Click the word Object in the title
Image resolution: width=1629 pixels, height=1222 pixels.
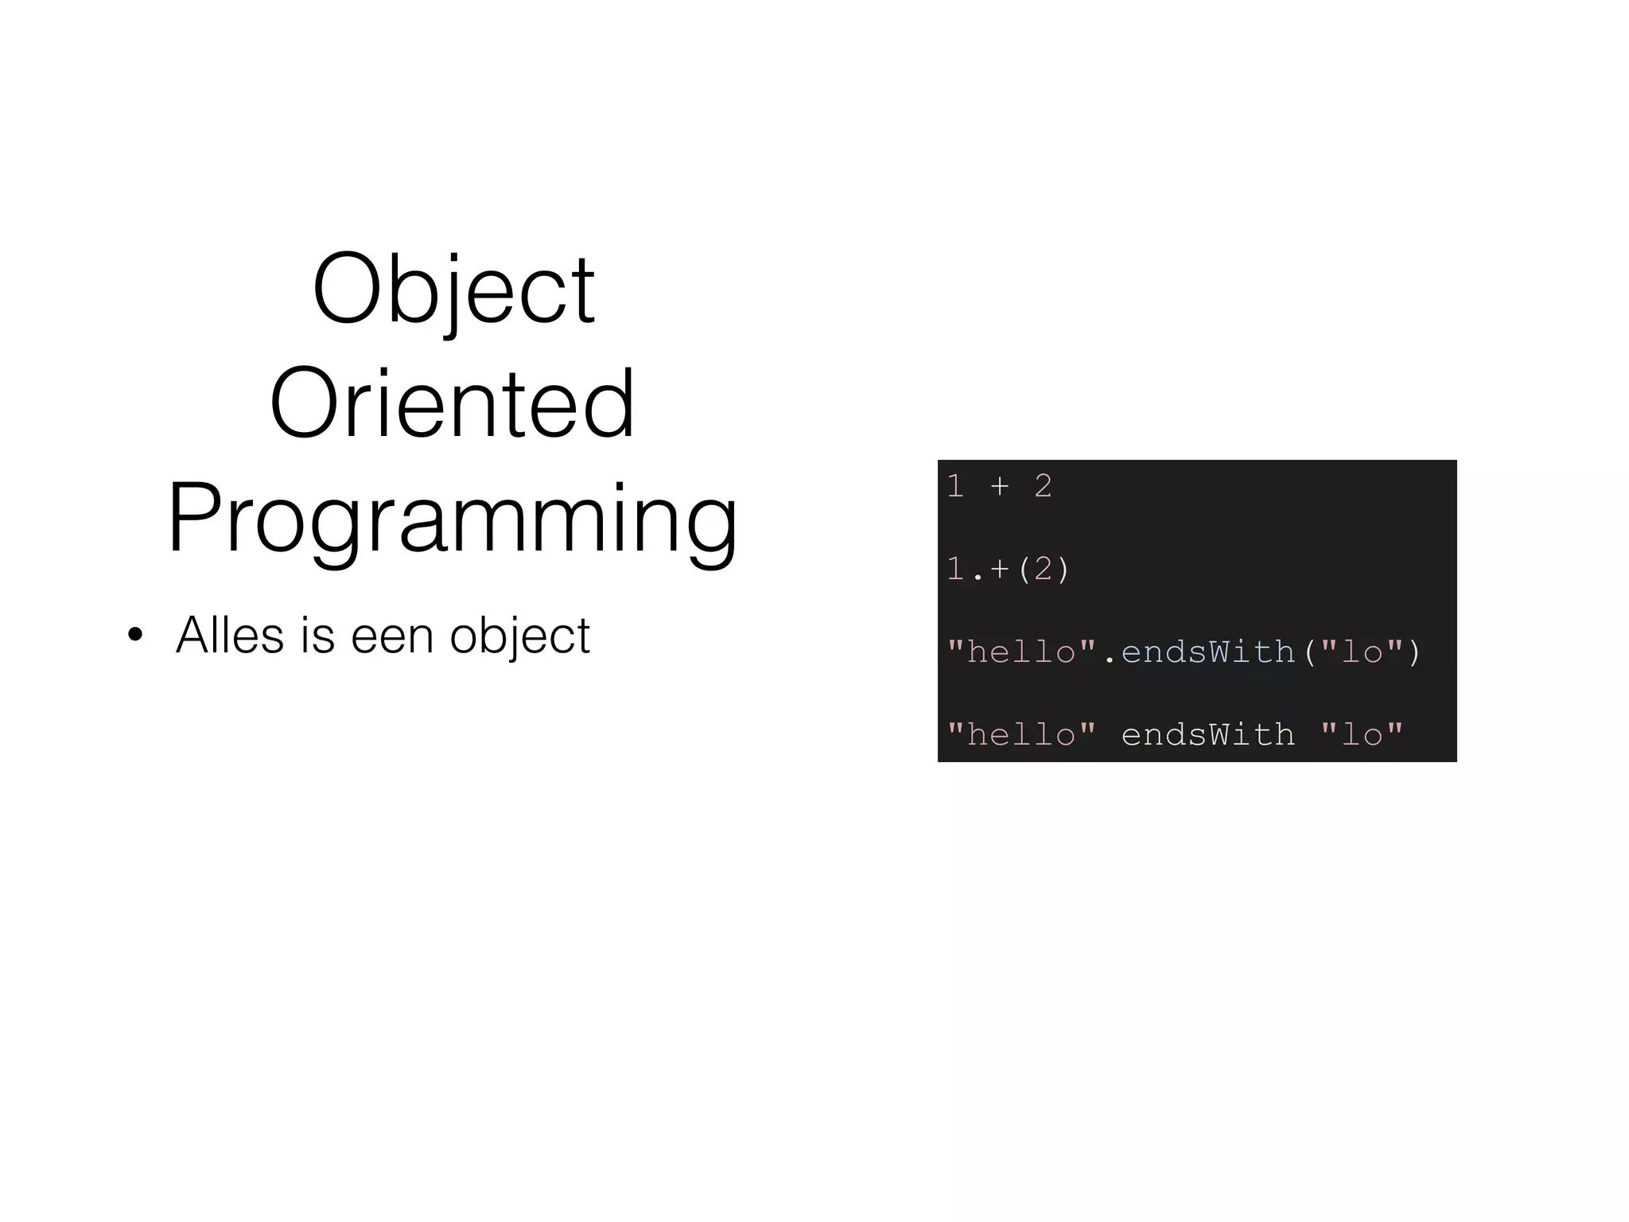click(453, 290)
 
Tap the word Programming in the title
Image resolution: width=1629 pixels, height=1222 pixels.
click(453, 519)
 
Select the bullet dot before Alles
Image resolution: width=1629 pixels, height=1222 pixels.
click(135, 636)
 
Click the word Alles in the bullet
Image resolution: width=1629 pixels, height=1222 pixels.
click(230, 635)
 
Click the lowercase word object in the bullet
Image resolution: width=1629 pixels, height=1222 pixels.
click(519, 636)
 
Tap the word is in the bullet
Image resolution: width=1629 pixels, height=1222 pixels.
click(317, 635)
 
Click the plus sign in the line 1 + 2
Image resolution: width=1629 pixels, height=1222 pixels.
click(1000, 485)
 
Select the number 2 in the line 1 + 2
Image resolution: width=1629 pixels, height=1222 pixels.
click(1043, 485)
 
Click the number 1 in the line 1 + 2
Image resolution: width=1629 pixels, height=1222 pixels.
click(956, 485)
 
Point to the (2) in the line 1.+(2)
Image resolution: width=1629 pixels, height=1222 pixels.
click(1043, 569)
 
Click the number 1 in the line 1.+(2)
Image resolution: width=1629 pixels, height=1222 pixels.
click(956, 569)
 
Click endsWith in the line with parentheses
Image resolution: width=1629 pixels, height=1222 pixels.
click(1207, 652)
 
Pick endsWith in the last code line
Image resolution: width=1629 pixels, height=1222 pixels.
click(1207, 734)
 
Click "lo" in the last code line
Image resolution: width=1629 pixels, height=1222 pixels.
click(1361, 734)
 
